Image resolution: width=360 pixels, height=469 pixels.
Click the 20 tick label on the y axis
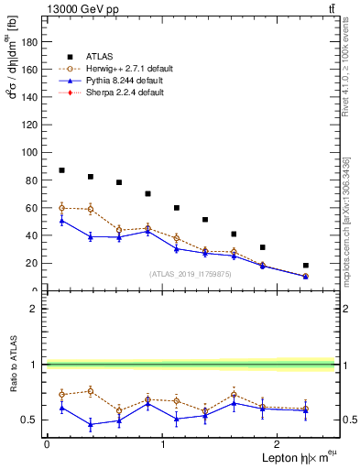coord(32,263)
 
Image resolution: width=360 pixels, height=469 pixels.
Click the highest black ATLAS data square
coord(61,170)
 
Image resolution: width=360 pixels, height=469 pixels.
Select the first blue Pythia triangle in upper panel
coord(61,221)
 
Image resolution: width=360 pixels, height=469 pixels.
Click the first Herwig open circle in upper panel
coord(61,208)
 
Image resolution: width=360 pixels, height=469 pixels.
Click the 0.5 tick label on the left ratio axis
coord(30,420)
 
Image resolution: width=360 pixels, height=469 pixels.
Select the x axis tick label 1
coord(162,443)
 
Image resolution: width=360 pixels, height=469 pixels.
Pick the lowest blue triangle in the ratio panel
coord(90,424)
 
